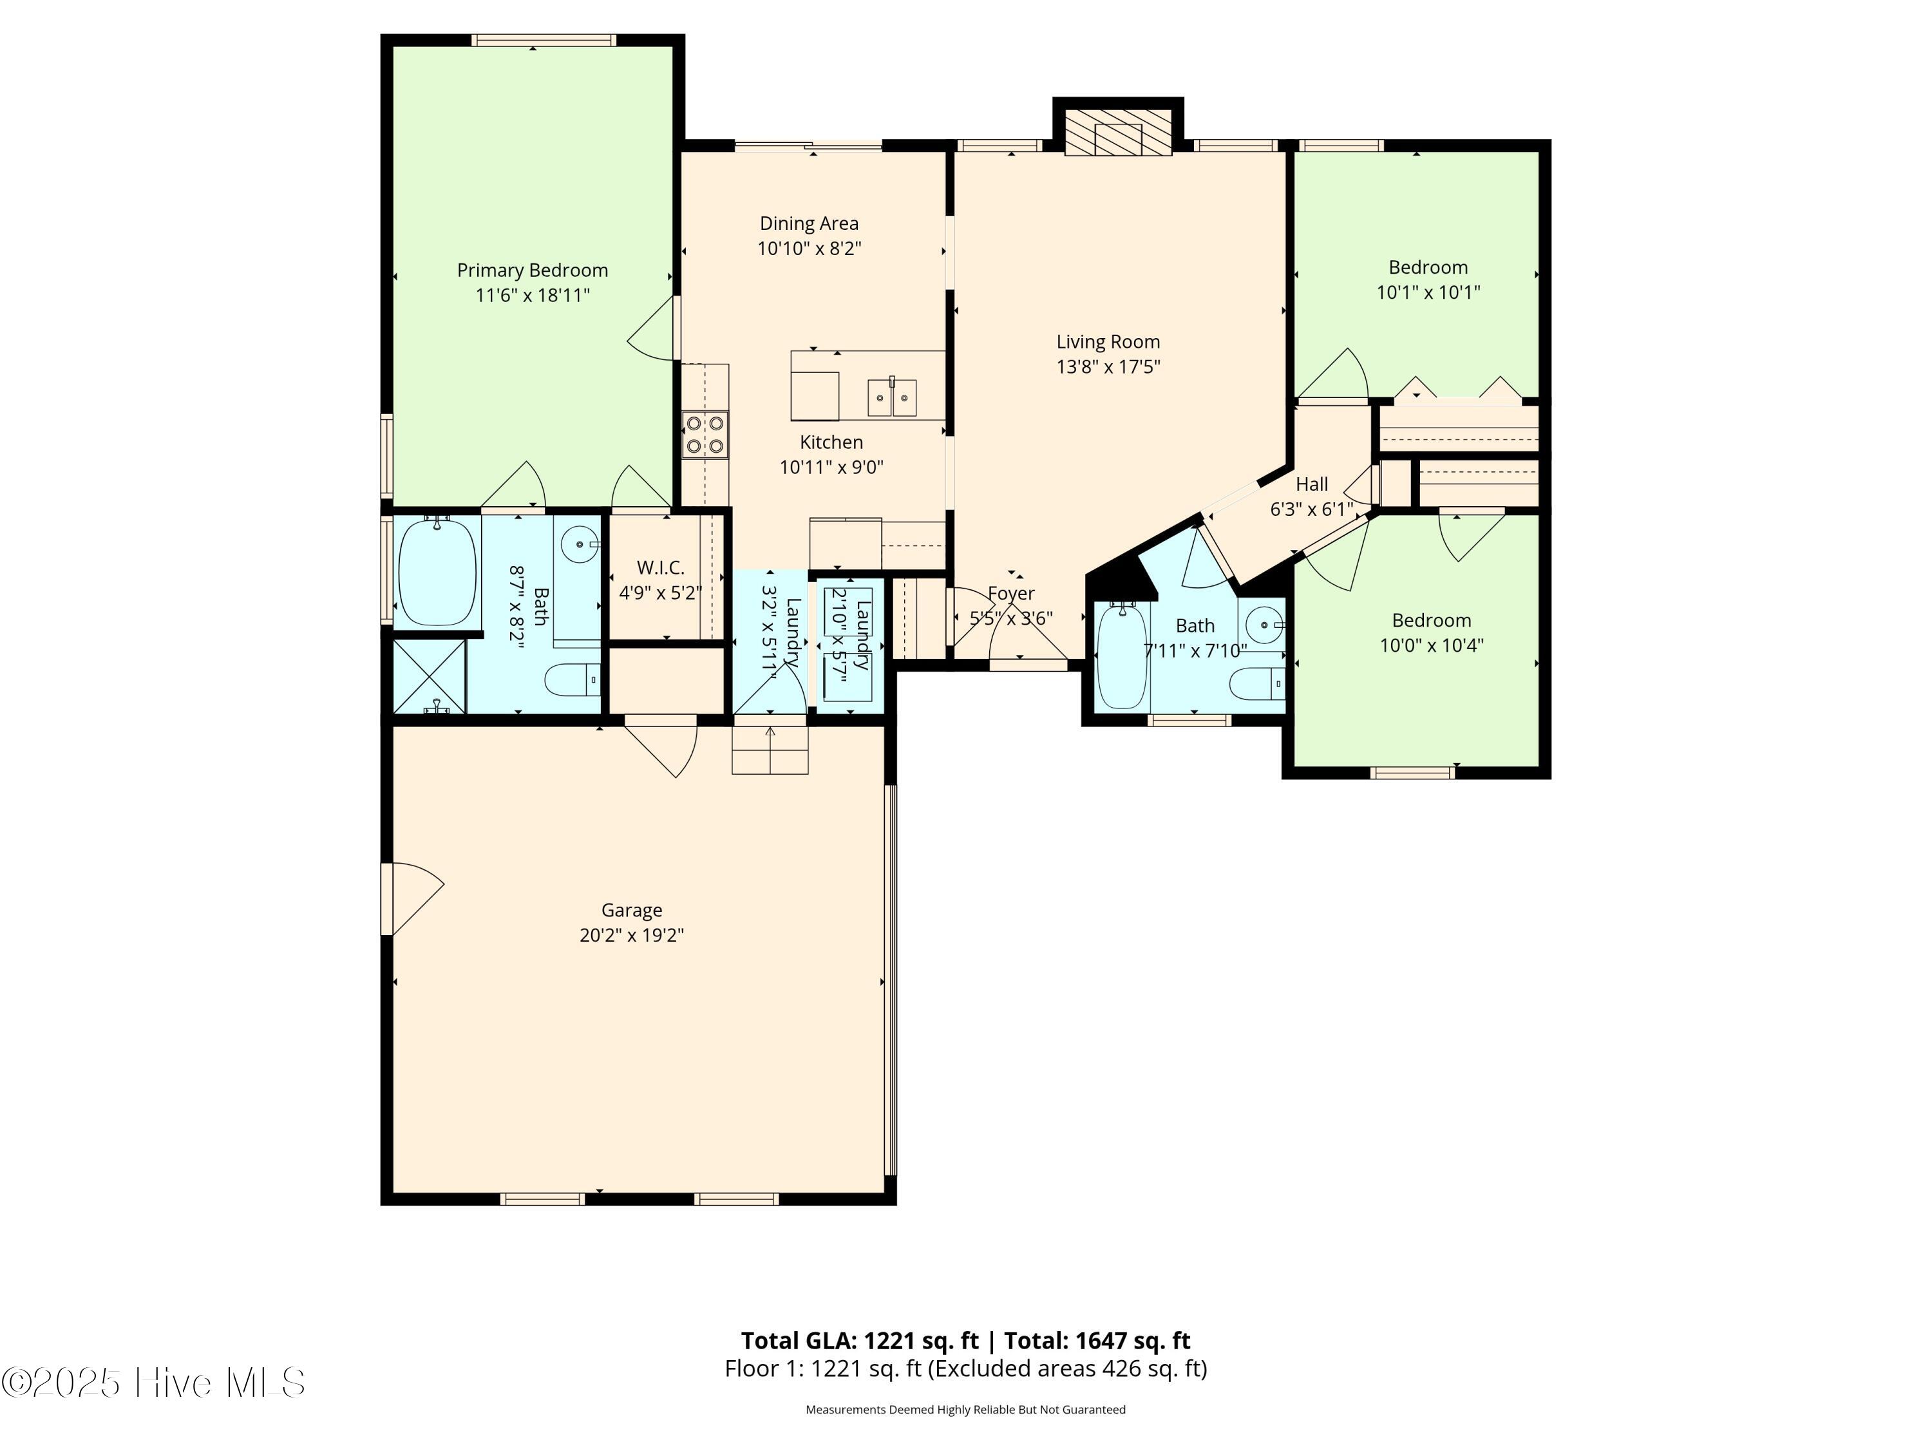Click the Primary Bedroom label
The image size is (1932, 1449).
click(532, 270)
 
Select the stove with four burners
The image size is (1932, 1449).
click(705, 435)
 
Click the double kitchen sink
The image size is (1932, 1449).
click(893, 398)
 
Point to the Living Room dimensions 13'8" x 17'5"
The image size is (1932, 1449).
click(1108, 367)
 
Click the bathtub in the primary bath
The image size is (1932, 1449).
click(437, 571)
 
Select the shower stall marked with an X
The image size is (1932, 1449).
click(429, 676)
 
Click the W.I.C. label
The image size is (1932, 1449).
click(660, 568)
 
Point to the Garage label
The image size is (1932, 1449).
click(632, 910)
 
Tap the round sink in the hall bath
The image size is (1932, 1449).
click(1263, 625)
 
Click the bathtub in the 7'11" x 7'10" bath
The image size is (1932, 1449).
click(1121, 657)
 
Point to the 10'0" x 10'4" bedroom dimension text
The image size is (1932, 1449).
click(1431, 645)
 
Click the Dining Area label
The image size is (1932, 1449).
click(809, 223)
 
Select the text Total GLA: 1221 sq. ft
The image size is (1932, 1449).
click(860, 1341)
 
